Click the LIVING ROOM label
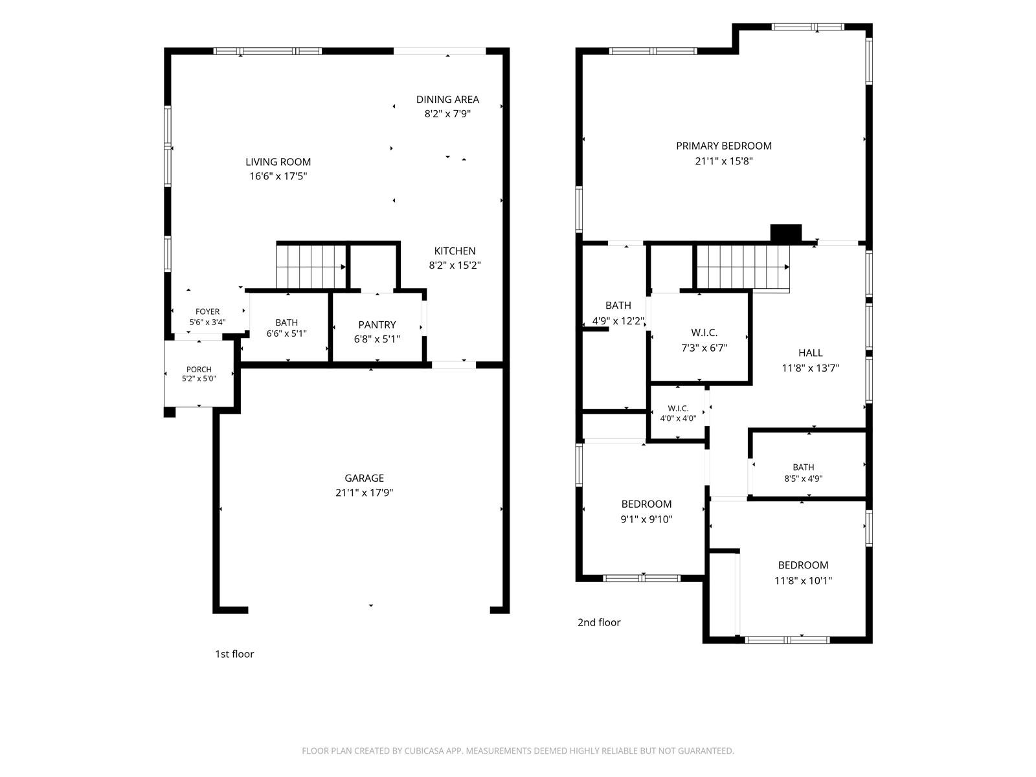pos(278,162)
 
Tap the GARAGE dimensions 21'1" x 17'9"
pos(364,493)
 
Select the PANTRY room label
pos(377,324)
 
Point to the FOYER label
pos(207,311)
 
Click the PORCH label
pos(199,369)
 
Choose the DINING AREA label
pos(447,100)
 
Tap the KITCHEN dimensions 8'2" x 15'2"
pos(455,265)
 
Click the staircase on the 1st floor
pos(311,267)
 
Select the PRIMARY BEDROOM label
pos(723,146)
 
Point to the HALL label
pos(811,352)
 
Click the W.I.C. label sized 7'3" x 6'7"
pos(704,333)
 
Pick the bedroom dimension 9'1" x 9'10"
pos(646,519)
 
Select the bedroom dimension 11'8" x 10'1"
pos(803,581)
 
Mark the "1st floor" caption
pos(234,654)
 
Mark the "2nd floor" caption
pos(599,622)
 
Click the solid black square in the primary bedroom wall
pos(786,234)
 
